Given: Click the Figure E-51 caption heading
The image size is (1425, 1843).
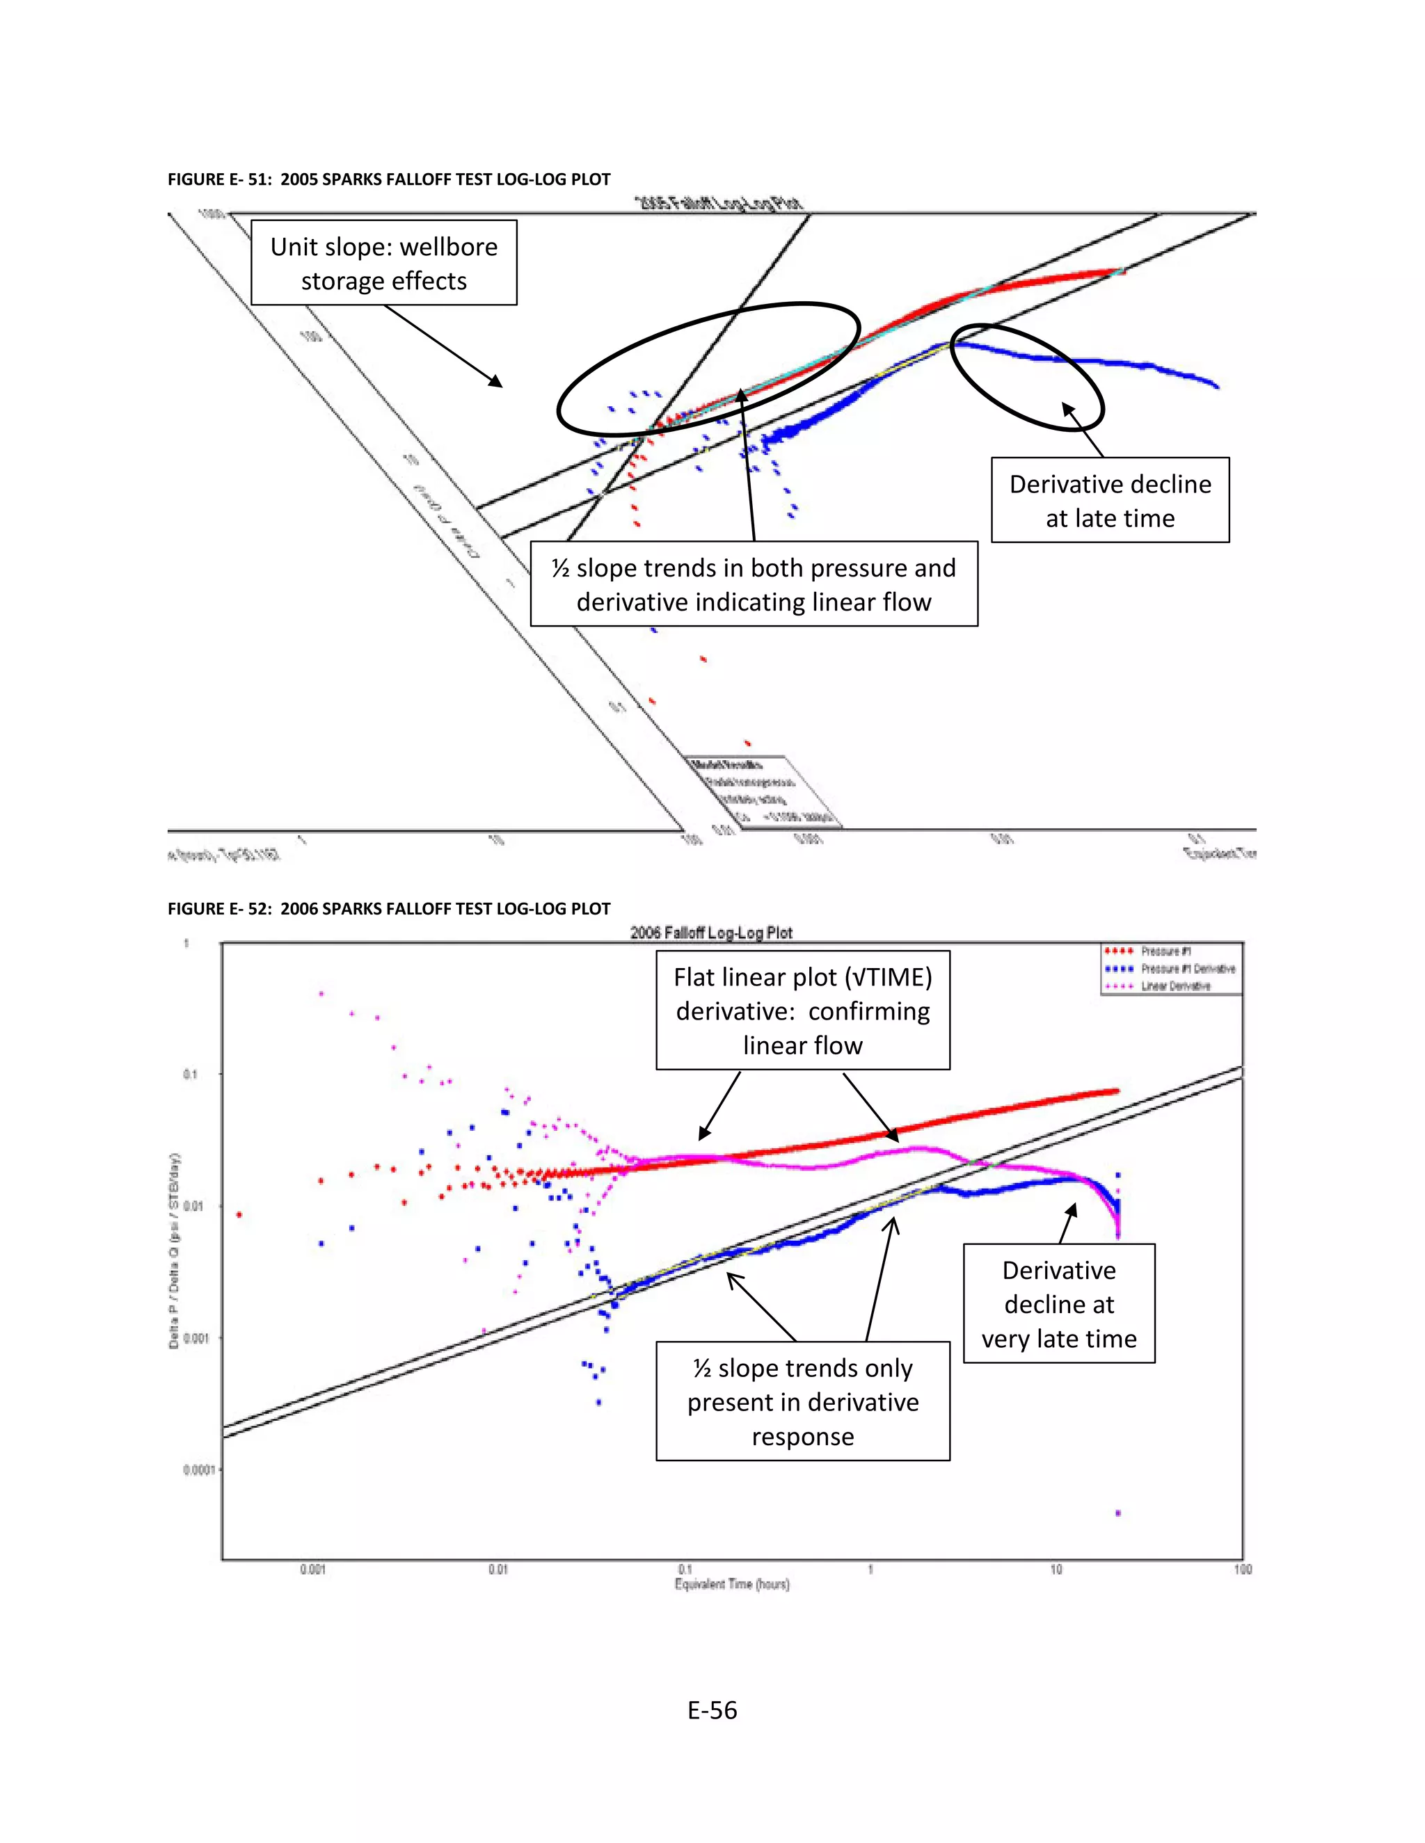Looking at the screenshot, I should click(x=388, y=179).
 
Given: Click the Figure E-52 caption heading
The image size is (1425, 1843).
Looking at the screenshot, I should click(x=388, y=909).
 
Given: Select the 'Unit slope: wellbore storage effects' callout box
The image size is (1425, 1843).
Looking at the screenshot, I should click(x=384, y=264).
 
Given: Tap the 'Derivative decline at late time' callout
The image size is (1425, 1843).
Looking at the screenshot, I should click(x=1110, y=501).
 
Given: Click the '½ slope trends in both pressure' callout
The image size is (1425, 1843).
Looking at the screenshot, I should click(x=753, y=585).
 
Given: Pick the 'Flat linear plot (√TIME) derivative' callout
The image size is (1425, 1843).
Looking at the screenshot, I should click(x=803, y=1011).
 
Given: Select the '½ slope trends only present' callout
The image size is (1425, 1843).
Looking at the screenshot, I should click(x=803, y=1401).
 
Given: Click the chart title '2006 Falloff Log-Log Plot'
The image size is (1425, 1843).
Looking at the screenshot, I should click(x=711, y=933).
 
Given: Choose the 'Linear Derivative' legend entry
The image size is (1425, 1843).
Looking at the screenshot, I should click(x=1175, y=985).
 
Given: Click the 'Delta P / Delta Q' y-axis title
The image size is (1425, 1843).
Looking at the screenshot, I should click(x=175, y=1250).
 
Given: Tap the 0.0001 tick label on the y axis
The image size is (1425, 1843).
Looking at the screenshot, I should click(x=198, y=1470).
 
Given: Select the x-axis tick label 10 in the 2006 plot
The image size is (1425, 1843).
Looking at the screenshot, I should click(x=1056, y=1570).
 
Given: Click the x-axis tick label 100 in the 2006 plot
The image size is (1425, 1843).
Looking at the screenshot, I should click(x=1243, y=1570).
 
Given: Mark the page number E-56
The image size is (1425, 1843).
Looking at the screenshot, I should click(x=712, y=1709).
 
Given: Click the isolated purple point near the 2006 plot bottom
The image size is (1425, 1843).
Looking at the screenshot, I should click(x=1119, y=1513).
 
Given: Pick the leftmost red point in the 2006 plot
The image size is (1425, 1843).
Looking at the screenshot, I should click(x=240, y=1214).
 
